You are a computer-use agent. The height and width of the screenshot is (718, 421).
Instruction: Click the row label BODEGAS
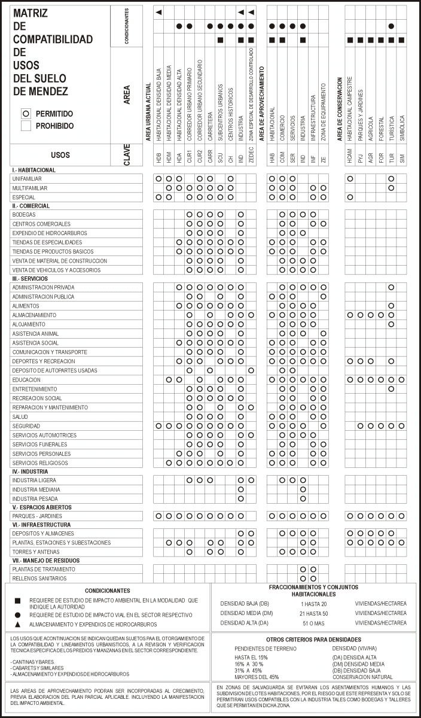point(24,214)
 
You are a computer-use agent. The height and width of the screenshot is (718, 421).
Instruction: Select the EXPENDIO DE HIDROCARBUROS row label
point(50,233)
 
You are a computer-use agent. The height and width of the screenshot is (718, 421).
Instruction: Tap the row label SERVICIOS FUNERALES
point(39,444)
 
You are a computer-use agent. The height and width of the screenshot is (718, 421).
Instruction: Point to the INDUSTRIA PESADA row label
point(35,498)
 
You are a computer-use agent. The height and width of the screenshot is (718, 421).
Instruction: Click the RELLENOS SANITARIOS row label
point(39,579)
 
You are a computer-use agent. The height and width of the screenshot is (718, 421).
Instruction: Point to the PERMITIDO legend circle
point(25,113)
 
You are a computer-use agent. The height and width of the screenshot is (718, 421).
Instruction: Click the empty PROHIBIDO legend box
point(25,126)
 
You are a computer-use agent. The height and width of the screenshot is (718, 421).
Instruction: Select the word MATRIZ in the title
point(31,13)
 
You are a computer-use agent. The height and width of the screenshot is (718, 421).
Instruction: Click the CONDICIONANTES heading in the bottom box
point(107,590)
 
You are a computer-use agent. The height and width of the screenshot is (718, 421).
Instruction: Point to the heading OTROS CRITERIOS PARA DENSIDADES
point(314,640)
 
